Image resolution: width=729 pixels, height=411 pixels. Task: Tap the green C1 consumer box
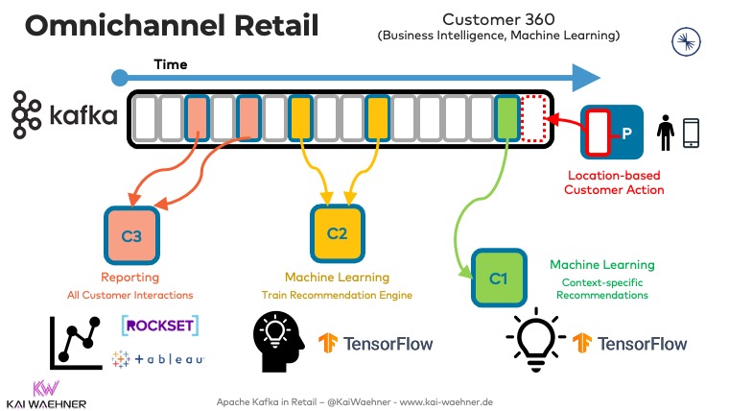pyautogui.click(x=498, y=278)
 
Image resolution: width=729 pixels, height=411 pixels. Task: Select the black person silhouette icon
pyautogui.click(x=665, y=132)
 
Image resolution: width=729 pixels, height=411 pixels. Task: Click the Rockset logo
pyautogui.click(x=159, y=326)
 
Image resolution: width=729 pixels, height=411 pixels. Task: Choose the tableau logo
pyautogui.click(x=158, y=358)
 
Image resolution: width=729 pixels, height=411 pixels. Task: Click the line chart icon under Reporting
pyautogui.click(x=76, y=342)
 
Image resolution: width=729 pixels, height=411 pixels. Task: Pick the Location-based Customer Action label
pyautogui.click(x=616, y=182)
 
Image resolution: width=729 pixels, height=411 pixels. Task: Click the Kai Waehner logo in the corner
pyautogui.click(x=46, y=394)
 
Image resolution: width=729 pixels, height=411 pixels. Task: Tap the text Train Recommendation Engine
pyautogui.click(x=337, y=295)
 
